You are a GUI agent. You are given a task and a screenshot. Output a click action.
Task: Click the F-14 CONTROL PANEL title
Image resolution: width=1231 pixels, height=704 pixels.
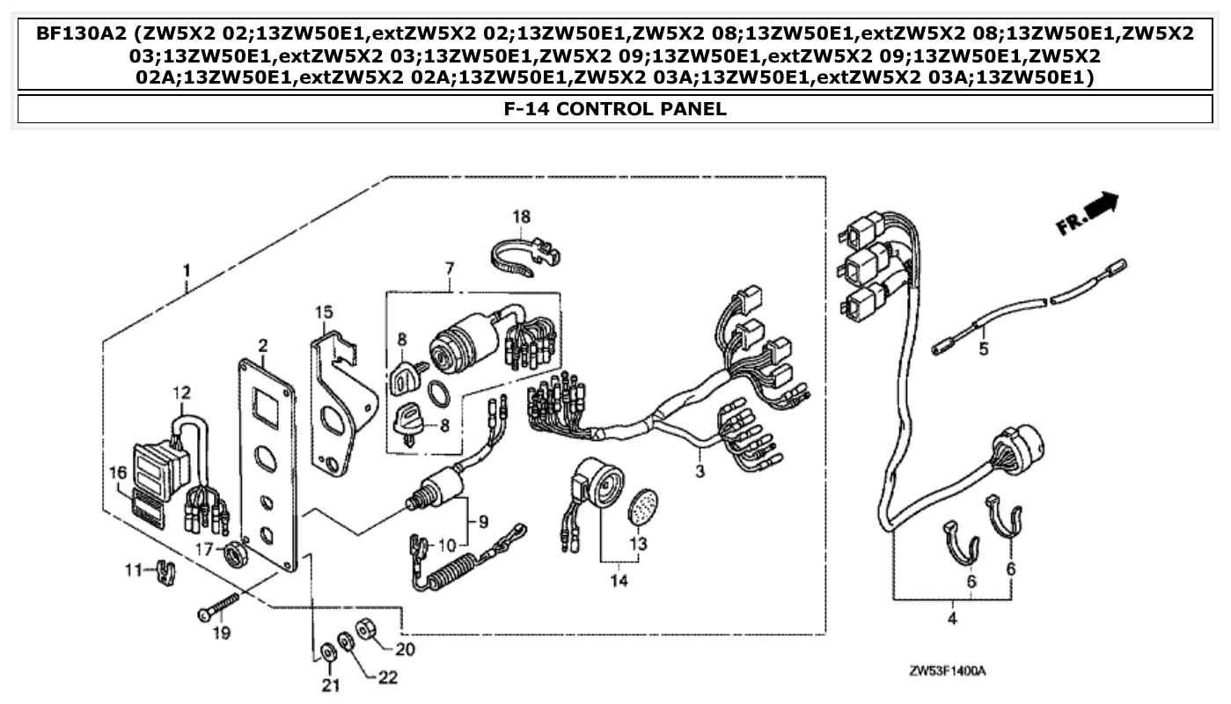pyautogui.click(x=615, y=109)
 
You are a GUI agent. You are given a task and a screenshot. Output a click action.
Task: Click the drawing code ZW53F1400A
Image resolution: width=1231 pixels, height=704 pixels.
pyautogui.click(x=947, y=671)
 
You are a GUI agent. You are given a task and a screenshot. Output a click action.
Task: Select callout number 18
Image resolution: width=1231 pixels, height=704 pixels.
pyautogui.click(x=522, y=216)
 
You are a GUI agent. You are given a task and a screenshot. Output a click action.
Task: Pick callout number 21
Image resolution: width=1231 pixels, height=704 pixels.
pyautogui.click(x=330, y=686)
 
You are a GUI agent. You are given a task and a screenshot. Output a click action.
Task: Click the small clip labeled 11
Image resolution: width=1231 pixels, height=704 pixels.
pyautogui.click(x=165, y=573)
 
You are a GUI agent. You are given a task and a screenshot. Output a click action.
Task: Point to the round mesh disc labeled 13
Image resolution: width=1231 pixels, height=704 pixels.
pyautogui.click(x=642, y=507)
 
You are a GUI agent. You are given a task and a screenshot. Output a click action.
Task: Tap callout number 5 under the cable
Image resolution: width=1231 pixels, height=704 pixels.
pyautogui.click(x=983, y=348)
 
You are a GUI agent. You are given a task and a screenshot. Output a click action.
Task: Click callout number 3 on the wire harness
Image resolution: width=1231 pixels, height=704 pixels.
pyautogui.click(x=700, y=472)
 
